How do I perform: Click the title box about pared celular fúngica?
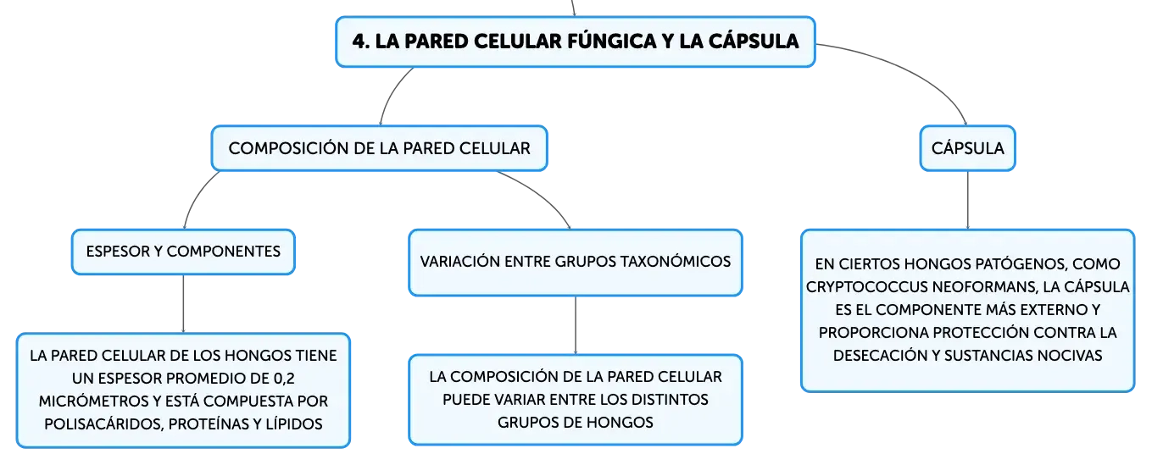[x=575, y=42]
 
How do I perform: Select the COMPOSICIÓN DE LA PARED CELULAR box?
[x=380, y=148]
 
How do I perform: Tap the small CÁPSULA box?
[x=967, y=148]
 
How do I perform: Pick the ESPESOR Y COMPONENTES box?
[x=183, y=252]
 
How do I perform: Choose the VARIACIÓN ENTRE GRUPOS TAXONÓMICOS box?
[x=576, y=263]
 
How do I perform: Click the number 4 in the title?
[x=360, y=42]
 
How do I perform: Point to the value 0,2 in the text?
[x=284, y=378]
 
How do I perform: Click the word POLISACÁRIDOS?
[x=104, y=424]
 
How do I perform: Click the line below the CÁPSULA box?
[x=968, y=201]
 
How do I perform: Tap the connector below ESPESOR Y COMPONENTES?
[x=183, y=304]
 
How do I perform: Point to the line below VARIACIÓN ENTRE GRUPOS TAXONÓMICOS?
[x=576, y=325]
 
